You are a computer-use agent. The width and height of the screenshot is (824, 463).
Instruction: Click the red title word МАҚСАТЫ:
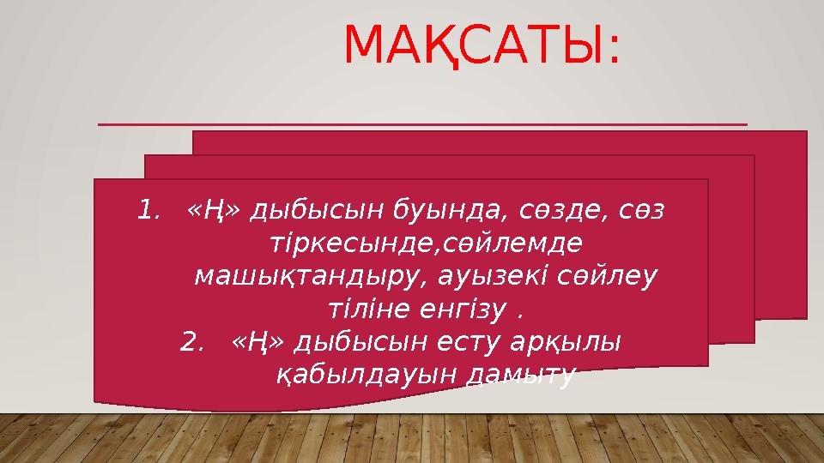pos(480,46)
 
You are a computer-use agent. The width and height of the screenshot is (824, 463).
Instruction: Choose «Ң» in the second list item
pos(251,342)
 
